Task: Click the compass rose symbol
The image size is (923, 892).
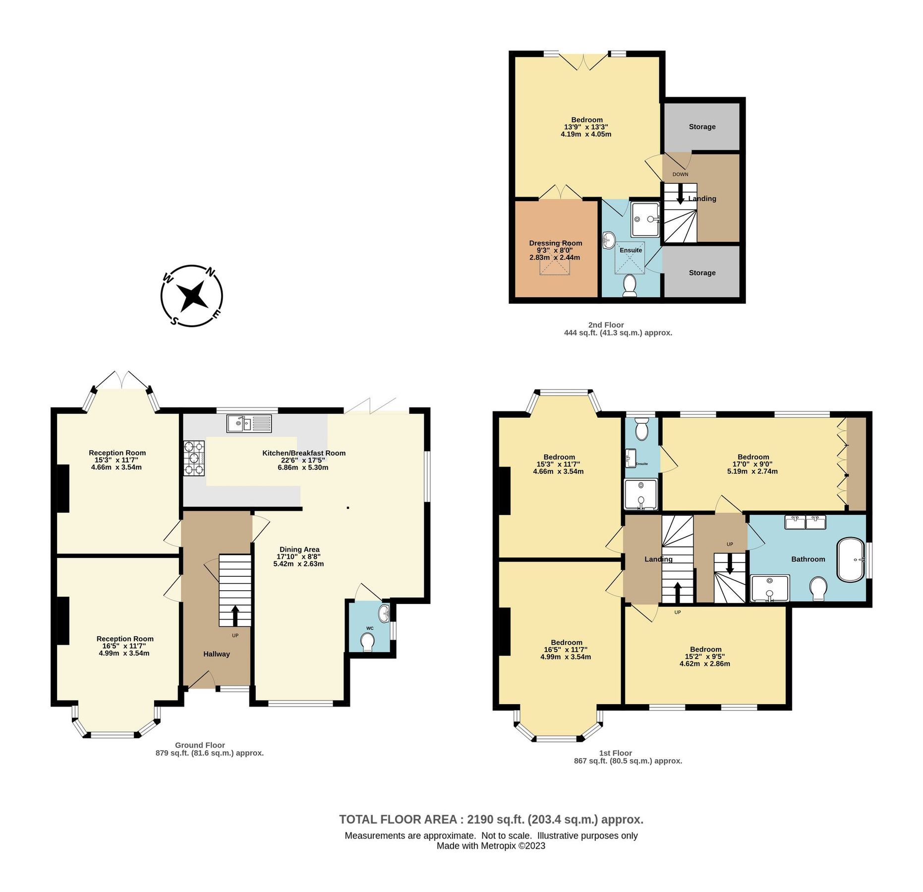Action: (191, 296)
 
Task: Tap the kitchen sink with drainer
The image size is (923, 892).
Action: (249, 423)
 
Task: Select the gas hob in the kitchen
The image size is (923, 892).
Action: (194, 458)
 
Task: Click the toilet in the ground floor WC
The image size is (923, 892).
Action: (368, 642)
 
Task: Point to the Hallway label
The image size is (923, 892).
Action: (217, 654)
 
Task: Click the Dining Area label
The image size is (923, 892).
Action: (299, 549)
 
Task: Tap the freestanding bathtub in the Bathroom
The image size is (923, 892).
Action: (850, 559)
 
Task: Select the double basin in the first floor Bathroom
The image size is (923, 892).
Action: (805, 522)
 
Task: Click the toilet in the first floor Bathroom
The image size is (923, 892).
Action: (818, 588)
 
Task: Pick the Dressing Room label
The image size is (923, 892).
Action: (555, 243)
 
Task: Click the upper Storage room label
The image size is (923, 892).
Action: (702, 126)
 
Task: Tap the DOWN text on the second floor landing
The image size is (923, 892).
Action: (680, 174)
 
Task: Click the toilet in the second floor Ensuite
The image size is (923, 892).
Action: (630, 286)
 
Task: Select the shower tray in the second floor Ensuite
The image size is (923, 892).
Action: (645, 219)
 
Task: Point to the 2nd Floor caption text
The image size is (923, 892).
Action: (606, 325)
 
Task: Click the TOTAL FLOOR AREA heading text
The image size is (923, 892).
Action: (491, 819)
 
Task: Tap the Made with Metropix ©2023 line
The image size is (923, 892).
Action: (491, 846)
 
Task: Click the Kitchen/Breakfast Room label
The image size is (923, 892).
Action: (303, 453)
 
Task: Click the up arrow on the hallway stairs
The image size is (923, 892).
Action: (235, 615)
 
